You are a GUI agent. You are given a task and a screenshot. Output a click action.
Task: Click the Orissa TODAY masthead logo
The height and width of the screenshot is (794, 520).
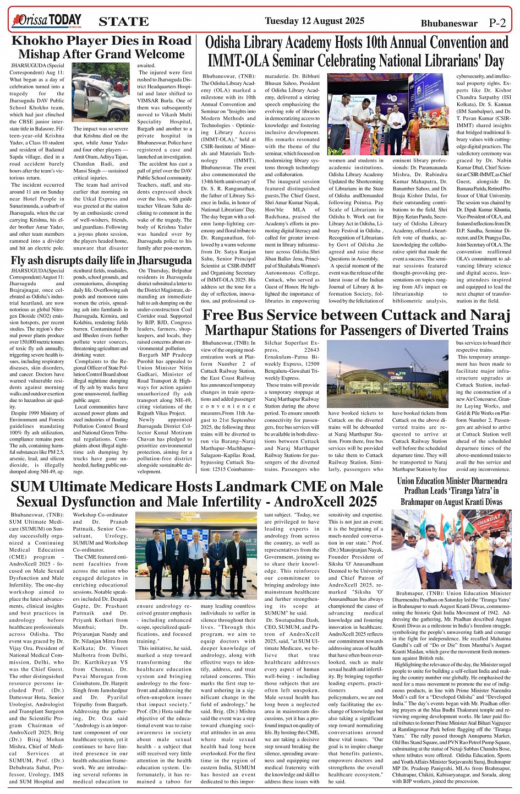pos(47,21)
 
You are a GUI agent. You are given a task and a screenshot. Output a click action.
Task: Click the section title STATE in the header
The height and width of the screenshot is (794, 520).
pos(124,22)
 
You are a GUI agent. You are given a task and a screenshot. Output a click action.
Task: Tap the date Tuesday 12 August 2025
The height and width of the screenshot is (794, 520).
pos(314,21)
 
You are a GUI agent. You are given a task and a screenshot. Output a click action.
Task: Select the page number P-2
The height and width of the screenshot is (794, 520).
pos(497,23)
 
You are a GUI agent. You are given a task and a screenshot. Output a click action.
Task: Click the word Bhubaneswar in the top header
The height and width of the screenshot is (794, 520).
pos(449,24)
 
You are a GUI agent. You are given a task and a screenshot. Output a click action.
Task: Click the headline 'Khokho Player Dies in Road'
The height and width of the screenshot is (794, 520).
pos(101,41)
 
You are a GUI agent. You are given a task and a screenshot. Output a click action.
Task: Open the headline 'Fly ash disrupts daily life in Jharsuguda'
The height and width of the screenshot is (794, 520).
pos(101,260)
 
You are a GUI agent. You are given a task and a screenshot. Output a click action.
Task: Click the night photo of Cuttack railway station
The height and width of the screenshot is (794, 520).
pos(388,374)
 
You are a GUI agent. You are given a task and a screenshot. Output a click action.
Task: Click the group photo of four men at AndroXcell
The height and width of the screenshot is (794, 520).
pos(196,556)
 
